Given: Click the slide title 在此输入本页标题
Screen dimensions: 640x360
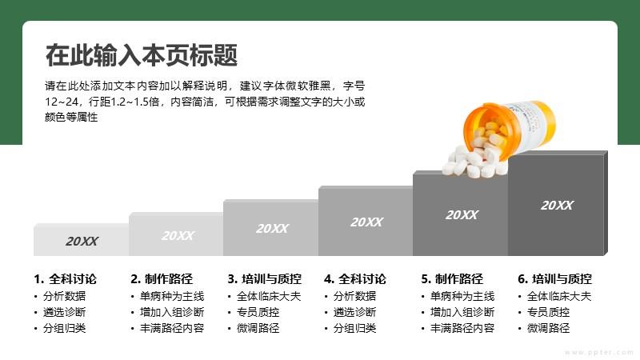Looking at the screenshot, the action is tap(142, 55).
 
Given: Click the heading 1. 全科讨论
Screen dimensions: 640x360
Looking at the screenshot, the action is tap(66, 279).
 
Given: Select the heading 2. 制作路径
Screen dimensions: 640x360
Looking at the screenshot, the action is tap(162, 279).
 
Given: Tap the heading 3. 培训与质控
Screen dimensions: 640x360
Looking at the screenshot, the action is tap(265, 279).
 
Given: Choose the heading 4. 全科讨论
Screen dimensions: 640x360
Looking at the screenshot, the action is tap(355, 279).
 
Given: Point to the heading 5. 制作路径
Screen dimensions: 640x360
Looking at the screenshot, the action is tap(452, 279).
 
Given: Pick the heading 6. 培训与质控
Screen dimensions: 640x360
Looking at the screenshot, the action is tap(555, 279).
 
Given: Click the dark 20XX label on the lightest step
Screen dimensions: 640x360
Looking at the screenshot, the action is tap(82, 242).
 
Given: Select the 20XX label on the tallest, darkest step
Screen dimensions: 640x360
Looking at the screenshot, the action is tap(557, 206).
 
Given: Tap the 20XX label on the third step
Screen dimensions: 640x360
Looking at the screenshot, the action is tap(272, 229).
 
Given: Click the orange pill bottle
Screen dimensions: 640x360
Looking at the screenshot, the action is tap(510, 127).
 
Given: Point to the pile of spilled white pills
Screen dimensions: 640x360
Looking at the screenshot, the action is tap(475, 157).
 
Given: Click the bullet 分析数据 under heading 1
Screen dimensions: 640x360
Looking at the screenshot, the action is tap(65, 296).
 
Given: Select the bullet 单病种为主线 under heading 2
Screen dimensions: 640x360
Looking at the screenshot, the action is tap(172, 296).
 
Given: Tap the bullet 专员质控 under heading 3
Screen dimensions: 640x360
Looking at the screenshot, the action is tap(258, 312).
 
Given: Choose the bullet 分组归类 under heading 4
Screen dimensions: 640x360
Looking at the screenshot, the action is tap(354, 328).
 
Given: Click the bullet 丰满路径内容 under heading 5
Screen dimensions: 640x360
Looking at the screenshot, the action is tap(462, 328).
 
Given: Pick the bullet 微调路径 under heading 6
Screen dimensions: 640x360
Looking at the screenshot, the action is tap(548, 328).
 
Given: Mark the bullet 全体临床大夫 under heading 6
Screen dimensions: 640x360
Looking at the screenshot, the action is tap(559, 296).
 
